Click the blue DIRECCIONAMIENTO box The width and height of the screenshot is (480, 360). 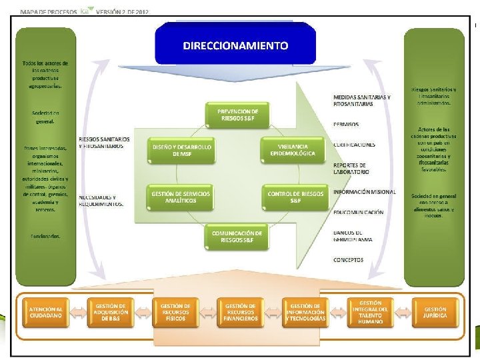tap(236, 45)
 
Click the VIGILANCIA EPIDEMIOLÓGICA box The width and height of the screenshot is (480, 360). tap(297, 150)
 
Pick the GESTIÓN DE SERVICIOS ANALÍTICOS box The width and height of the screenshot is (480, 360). tap(181, 197)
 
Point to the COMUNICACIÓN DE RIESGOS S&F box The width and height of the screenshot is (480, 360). tap(237, 237)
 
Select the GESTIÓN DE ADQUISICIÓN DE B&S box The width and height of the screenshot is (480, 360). tap(111, 312)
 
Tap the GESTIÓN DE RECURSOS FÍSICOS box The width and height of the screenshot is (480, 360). tap(176, 312)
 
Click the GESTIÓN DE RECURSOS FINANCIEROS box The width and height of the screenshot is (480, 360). tap(241, 312)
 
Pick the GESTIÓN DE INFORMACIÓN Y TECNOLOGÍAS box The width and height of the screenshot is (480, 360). tap(306, 312)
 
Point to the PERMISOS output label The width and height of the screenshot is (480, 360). tap(346, 124)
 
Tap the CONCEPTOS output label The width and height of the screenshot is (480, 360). tap(349, 259)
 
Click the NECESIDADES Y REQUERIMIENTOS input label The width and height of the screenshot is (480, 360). tap(101, 201)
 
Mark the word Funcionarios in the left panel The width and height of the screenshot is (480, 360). tap(45, 235)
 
